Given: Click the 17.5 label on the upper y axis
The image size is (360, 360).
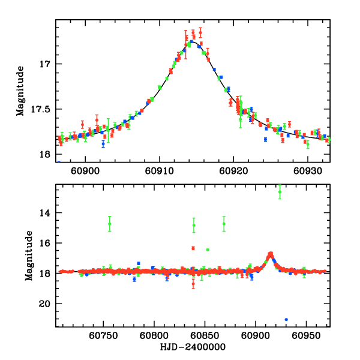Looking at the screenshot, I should click(x=42, y=109).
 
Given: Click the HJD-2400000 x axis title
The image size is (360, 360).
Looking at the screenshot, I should click(x=193, y=347).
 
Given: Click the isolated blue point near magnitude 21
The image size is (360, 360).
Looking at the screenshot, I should click(x=286, y=319).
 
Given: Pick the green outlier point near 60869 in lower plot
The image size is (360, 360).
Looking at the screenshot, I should click(x=224, y=224).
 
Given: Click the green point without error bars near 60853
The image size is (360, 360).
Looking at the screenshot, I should click(x=208, y=250).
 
